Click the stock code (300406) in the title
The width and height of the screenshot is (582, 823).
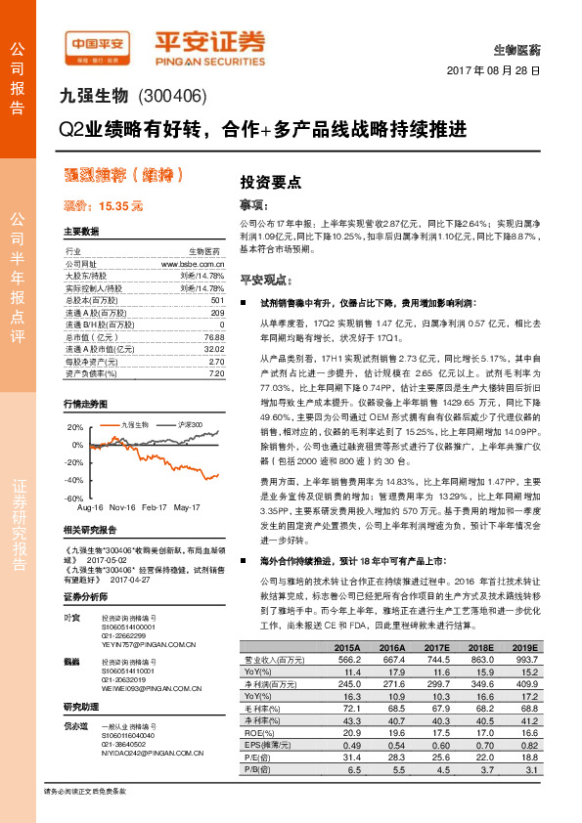click(x=172, y=96)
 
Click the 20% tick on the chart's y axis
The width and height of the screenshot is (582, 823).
click(x=74, y=428)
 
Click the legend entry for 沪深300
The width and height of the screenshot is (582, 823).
click(x=192, y=425)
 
